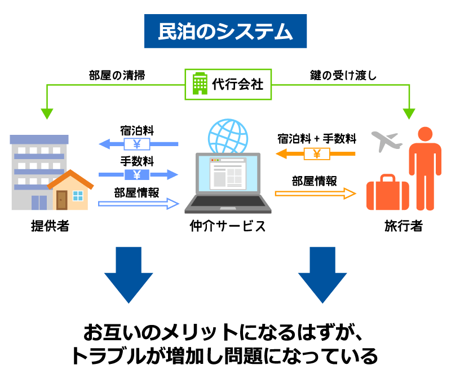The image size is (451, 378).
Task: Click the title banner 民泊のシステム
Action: [225, 31]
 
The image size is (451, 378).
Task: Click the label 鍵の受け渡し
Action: [343, 75]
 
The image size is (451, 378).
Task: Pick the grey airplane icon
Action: [387, 140]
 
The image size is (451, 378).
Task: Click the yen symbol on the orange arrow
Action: [317, 153]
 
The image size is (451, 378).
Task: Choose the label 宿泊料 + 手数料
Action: [317, 138]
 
